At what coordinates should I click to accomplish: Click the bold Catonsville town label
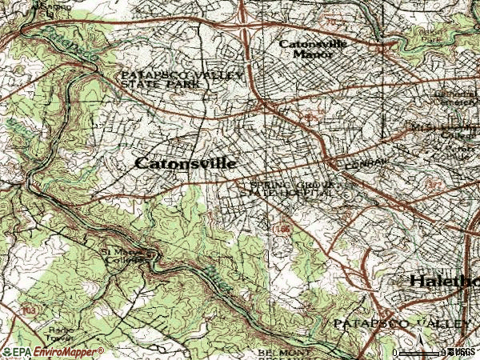click(185, 163)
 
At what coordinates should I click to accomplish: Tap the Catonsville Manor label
click(314, 50)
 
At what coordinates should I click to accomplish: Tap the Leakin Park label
click(456, 36)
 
